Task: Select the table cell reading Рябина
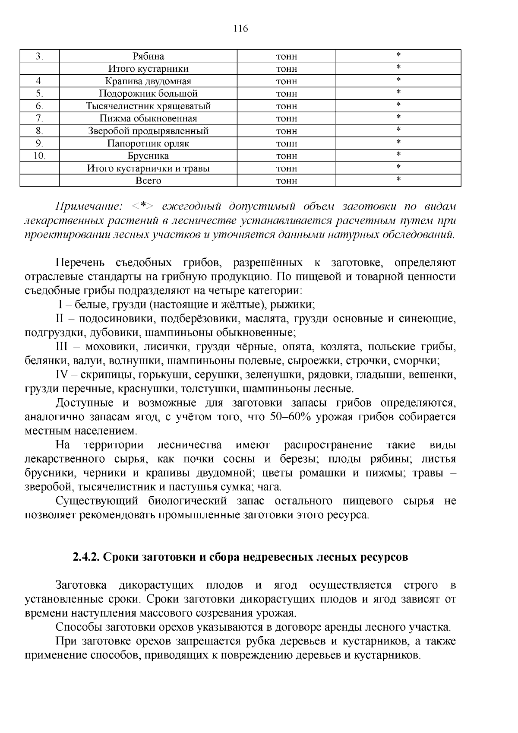tap(148, 57)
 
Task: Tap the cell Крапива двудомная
tap(148, 81)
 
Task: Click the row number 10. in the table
tap(39, 156)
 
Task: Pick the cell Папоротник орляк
tap(148, 143)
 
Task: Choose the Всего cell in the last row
tap(148, 181)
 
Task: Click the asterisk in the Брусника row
tap(398, 155)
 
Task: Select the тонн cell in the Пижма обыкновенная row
tap(286, 119)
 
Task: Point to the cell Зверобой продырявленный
tap(148, 131)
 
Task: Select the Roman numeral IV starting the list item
tap(63, 375)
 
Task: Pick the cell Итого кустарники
tap(148, 69)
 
